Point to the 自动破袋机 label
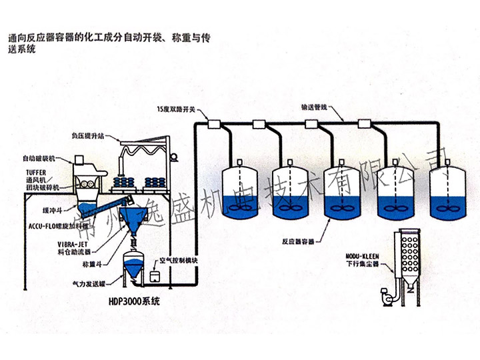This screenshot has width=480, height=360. [40, 159]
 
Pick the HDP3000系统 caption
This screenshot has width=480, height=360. [133, 301]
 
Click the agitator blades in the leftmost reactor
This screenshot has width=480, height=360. [238, 207]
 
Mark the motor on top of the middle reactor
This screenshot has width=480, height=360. [341, 163]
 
